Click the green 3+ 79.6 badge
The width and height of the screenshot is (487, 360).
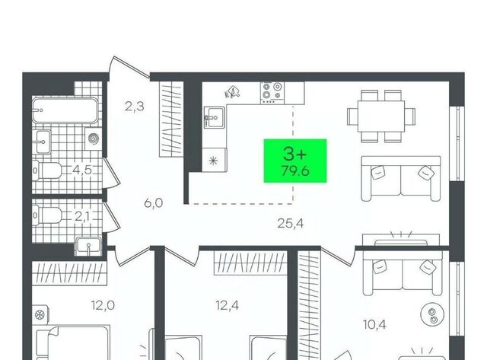[295, 161]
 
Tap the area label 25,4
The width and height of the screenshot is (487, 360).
[290, 223]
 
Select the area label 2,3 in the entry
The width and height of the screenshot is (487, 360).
[135, 107]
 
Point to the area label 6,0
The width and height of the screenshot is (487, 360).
[154, 203]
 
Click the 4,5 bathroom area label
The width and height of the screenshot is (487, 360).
[82, 170]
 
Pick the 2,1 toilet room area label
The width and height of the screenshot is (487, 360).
[82, 216]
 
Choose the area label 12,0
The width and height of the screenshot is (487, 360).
[103, 305]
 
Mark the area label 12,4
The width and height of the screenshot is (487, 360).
[228, 306]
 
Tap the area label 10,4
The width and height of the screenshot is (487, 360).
[374, 325]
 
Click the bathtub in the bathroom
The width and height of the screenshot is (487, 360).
[65, 110]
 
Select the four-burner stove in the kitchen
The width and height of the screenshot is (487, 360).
[272, 93]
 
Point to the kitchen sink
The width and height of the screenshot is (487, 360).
[214, 117]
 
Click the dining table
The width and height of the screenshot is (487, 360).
[381, 116]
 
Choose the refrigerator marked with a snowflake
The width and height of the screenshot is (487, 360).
[215, 160]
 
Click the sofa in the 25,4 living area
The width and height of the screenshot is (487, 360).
[401, 178]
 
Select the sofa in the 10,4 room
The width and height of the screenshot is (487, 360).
[403, 272]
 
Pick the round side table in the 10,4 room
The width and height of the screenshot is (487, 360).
[432, 314]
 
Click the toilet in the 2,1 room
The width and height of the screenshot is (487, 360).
[47, 215]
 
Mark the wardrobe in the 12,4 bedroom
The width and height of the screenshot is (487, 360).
[250, 263]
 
